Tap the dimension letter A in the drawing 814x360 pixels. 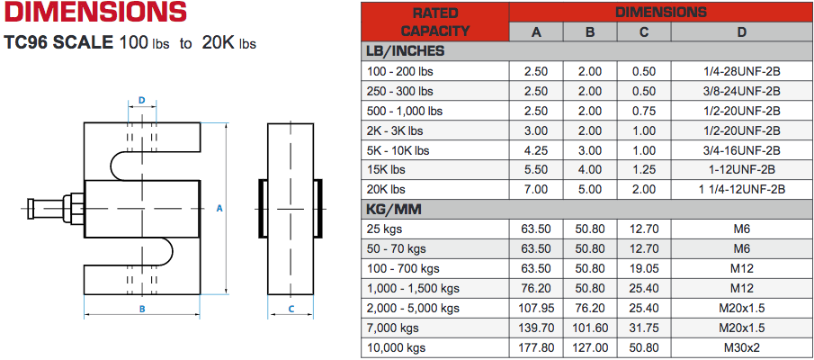click(x=219, y=208)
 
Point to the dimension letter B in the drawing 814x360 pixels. click(x=141, y=308)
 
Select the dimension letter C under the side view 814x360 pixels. click(x=291, y=308)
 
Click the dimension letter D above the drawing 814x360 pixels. click(x=142, y=100)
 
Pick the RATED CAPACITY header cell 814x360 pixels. click(x=435, y=22)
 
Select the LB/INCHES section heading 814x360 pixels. click(x=405, y=51)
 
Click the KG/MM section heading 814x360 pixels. click(x=396, y=209)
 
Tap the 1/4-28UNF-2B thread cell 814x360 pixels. click(x=741, y=71)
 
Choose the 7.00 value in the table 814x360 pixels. click(x=535, y=189)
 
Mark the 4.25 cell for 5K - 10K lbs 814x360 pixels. click(x=535, y=150)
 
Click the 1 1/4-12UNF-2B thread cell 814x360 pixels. click(x=741, y=189)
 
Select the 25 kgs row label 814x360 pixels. click(x=388, y=229)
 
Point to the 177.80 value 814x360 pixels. click(x=535, y=347)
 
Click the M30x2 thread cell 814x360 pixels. click(x=741, y=347)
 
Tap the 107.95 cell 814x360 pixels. click(x=535, y=308)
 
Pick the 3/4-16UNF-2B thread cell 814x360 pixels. click(x=741, y=150)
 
